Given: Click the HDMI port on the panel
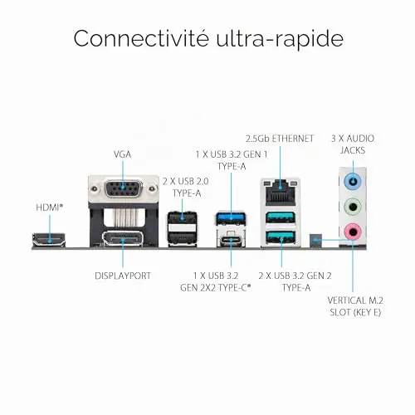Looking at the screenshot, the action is tap(49, 240).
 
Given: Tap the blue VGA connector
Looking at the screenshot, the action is tap(123, 190).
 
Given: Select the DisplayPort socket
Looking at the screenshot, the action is tap(123, 238).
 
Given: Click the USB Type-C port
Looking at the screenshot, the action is tap(231, 240).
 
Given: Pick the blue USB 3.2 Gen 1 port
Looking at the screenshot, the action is tap(231, 218).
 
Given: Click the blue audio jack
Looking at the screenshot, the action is tap(353, 182).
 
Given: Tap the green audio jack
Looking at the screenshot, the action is tap(353, 207).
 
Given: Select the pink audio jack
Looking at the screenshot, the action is tap(353, 232).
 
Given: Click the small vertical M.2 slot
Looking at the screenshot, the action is tap(315, 241).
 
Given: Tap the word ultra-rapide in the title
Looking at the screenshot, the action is tap(280, 38).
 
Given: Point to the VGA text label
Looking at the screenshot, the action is tap(123, 154).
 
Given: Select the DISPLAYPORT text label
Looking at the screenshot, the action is tap(123, 276).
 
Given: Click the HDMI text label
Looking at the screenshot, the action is tap(48, 207).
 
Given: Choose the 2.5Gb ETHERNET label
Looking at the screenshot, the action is tap(280, 139).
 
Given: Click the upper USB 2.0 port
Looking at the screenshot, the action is tap(182, 217).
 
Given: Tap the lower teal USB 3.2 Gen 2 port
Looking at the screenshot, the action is tap(281, 237).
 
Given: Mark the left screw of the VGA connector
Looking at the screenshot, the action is tap(95, 189).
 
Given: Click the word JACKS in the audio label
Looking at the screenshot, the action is tap(353, 150).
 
